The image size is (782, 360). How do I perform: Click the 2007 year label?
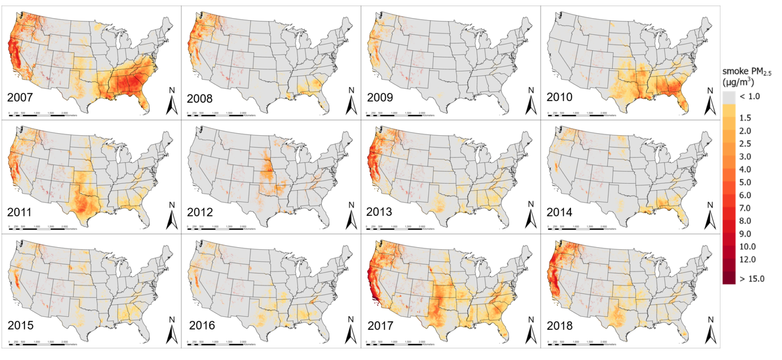click(x=20, y=97)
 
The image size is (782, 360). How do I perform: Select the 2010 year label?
click(x=559, y=97)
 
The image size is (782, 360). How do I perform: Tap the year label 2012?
click(x=200, y=212)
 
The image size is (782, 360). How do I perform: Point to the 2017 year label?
click(x=380, y=325)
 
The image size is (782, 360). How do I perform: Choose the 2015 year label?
click(x=21, y=325)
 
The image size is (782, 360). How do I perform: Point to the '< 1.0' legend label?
click(x=750, y=96)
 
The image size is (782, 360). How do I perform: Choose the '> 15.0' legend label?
click(x=752, y=279)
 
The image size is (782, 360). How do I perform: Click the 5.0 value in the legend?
click(x=745, y=182)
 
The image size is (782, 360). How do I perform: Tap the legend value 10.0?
click(x=747, y=247)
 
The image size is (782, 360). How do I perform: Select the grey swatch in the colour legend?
click(x=729, y=97)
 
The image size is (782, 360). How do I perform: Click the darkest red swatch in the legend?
click(x=729, y=278)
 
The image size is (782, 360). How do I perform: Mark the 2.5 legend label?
click(x=745, y=144)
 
